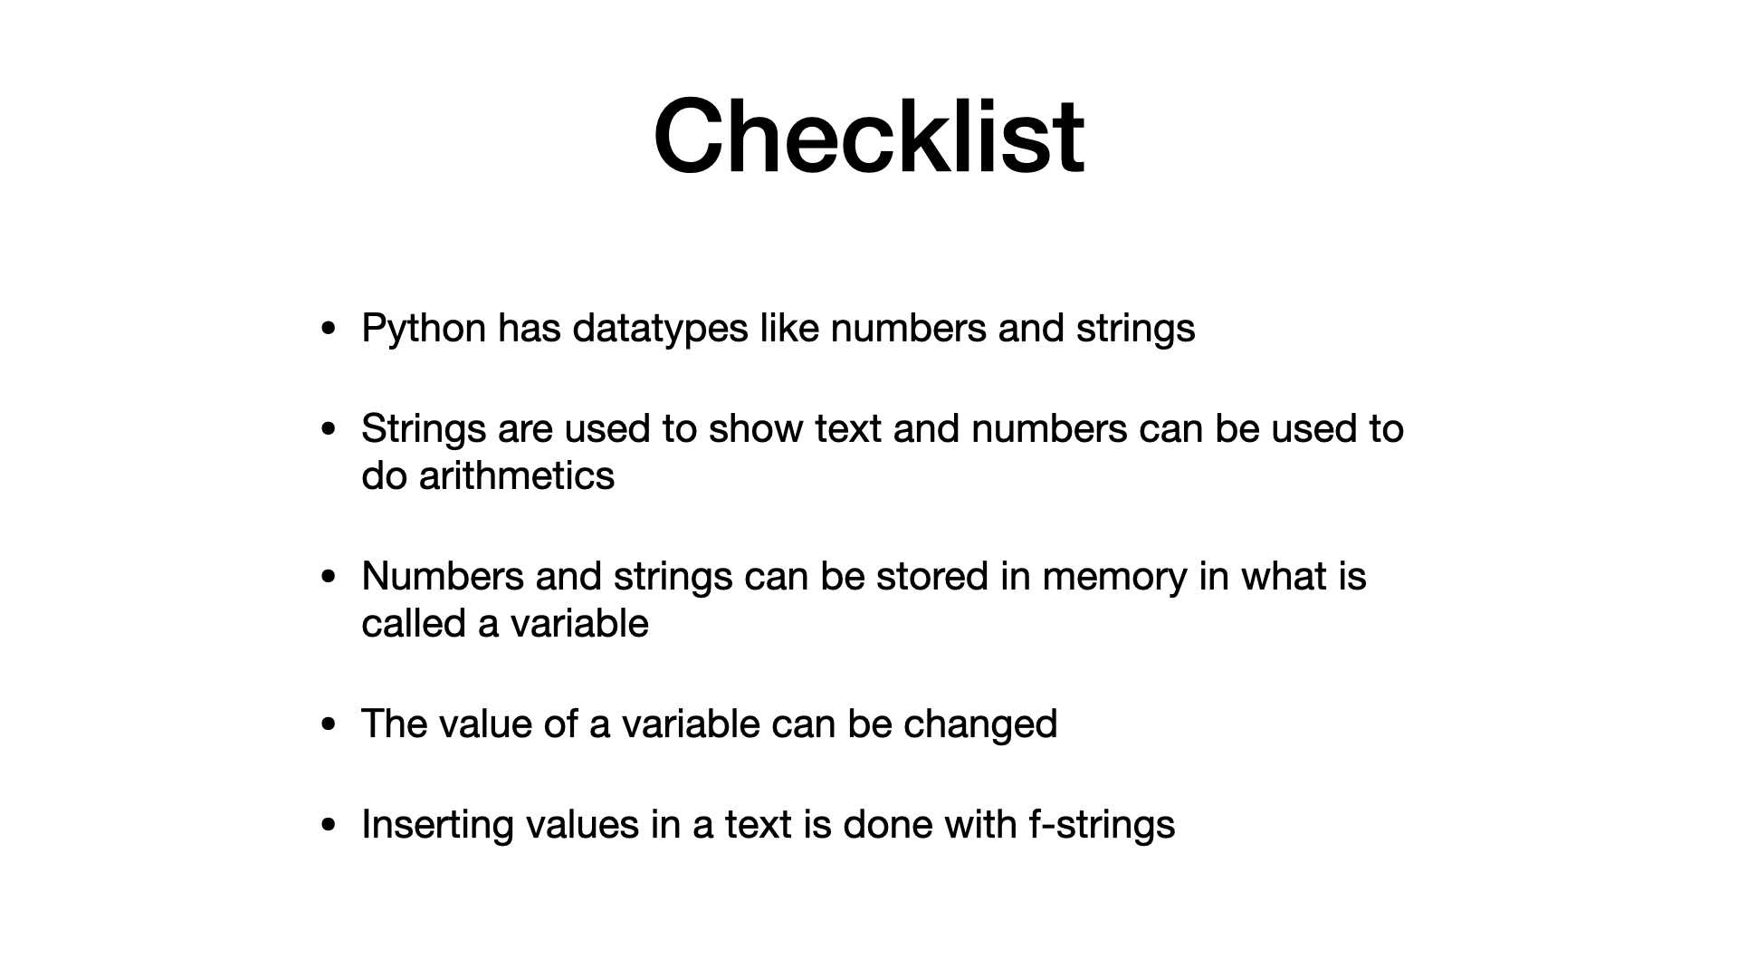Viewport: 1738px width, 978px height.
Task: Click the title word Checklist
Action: point(869,136)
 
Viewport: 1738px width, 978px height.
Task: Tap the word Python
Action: point(424,329)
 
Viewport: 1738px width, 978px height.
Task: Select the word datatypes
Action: point(661,329)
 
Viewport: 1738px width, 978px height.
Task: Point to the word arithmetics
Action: point(517,475)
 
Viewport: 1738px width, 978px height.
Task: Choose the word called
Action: point(414,623)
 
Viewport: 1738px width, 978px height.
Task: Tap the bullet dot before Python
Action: point(329,329)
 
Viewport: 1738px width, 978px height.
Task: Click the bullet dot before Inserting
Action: point(329,825)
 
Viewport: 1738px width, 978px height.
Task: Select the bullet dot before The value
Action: point(329,724)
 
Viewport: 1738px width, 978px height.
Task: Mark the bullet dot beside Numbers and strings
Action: point(329,577)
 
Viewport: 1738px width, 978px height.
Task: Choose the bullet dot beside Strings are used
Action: point(329,429)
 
